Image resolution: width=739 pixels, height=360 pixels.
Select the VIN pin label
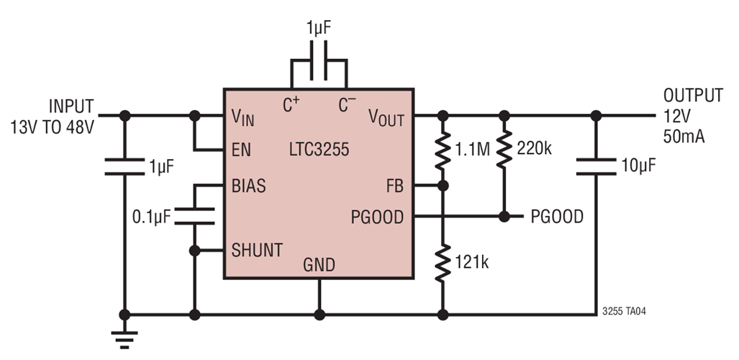(243, 116)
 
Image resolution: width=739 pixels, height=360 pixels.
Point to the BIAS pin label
(248, 186)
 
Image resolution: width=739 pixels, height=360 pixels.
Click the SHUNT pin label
(256, 250)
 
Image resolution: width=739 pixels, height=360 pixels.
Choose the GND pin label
(319, 265)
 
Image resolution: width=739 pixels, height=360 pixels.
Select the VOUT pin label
(386, 116)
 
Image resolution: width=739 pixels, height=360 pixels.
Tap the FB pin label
(395, 186)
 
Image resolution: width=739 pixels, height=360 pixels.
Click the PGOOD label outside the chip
(557, 217)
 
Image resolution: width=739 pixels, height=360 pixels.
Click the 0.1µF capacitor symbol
(194, 215)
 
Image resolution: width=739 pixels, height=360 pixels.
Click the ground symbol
(125, 336)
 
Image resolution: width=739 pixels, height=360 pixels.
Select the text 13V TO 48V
(52, 125)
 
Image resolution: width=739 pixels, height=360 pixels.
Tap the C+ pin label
(291, 106)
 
